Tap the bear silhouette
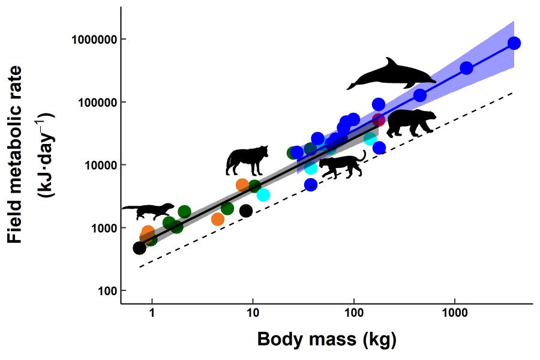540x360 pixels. pos(411,123)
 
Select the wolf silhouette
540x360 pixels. pos(247,160)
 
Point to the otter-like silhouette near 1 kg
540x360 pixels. pos(148,211)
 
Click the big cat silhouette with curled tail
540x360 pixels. pos(342,166)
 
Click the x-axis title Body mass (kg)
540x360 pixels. pos(326,340)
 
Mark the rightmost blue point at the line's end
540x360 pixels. pos(514,43)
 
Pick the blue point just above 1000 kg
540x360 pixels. pos(466,68)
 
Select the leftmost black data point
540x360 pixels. pos(139,248)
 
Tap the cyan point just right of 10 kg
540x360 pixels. pos(263,195)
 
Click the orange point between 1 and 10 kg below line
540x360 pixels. pos(218,219)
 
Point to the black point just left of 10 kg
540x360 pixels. pos(246,211)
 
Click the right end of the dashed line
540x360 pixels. pos(514,92)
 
